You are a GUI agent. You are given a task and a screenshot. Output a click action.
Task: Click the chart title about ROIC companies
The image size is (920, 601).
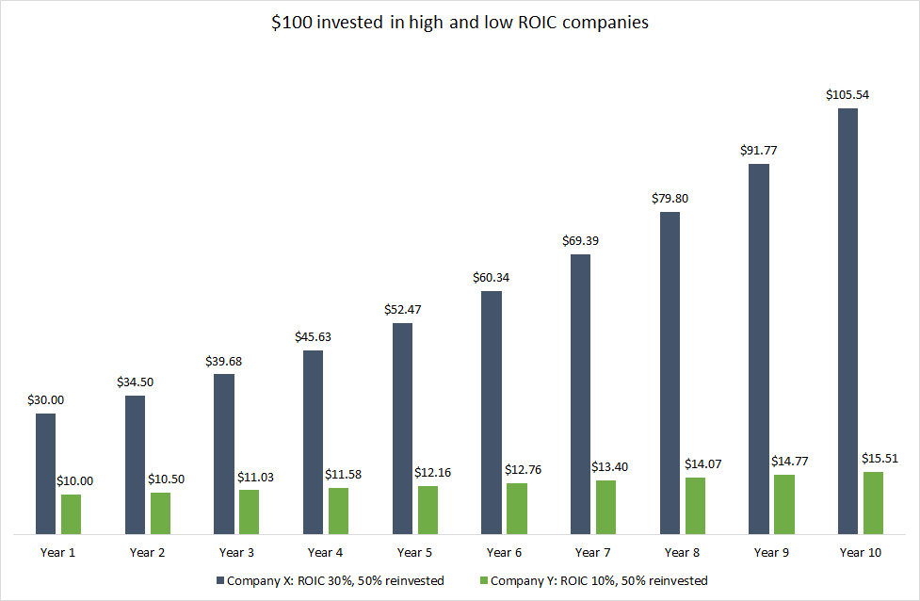[460, 24]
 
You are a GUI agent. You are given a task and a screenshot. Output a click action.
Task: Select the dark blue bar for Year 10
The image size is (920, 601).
[847, 320]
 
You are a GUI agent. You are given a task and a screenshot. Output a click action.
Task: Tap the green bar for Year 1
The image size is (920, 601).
[72, 514]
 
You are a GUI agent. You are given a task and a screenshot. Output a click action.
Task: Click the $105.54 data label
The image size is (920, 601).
[847, 95]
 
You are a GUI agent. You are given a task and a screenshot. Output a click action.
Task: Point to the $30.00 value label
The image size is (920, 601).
[45, 400]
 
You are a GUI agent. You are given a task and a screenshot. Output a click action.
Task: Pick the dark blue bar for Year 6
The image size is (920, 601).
[492, 413]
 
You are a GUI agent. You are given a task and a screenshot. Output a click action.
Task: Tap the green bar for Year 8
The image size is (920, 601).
[695, 506]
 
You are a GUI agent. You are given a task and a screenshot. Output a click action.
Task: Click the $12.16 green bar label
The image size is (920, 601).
[433, 472]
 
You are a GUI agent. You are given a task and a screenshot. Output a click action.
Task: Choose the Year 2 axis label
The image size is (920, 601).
[148, 553]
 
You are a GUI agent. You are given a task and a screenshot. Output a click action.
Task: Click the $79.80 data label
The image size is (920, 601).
[670, 199]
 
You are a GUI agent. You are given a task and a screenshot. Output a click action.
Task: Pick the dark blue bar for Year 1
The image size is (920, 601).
[45, 474]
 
